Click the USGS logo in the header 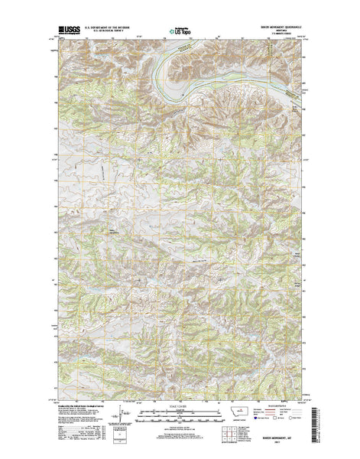[x=66, y=32]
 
